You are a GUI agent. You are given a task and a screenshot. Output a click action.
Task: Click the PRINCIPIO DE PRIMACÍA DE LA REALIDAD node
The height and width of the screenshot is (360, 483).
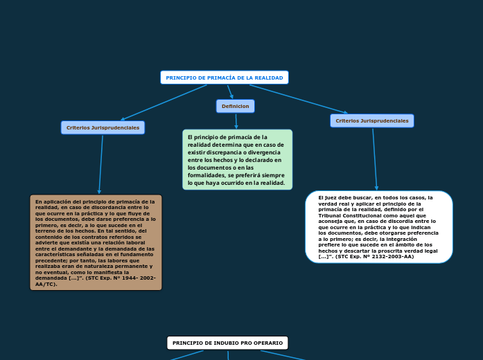tap(224, 78)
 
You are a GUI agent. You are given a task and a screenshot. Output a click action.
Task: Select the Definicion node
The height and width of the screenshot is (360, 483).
tap(236, 106)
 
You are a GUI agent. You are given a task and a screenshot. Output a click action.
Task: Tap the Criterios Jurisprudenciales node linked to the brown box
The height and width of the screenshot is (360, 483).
tap(102, 127)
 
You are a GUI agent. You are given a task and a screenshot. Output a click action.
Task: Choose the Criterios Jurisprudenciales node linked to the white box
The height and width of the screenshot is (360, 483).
tap(371, 120)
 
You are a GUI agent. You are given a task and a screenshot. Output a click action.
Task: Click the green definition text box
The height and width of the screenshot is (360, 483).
tap(237, 160)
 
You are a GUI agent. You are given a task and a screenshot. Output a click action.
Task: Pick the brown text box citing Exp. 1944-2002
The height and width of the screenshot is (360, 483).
tap(96, 242)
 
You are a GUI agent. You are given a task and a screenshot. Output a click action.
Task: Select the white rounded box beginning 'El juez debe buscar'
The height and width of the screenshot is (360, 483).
tap(378, 227)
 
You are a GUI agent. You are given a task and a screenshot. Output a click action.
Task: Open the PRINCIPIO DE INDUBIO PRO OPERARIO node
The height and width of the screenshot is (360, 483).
tap(227, 343)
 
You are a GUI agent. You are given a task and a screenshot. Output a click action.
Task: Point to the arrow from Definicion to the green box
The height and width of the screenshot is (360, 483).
tap(236, 121)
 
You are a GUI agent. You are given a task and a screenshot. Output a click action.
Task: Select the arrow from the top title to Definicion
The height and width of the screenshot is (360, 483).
tap(231, 92)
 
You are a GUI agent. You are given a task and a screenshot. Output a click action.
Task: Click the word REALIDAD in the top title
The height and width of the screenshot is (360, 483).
tap(269, 78)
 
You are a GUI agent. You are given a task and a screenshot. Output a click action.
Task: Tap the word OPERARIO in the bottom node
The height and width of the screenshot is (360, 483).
tap(268, 343)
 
